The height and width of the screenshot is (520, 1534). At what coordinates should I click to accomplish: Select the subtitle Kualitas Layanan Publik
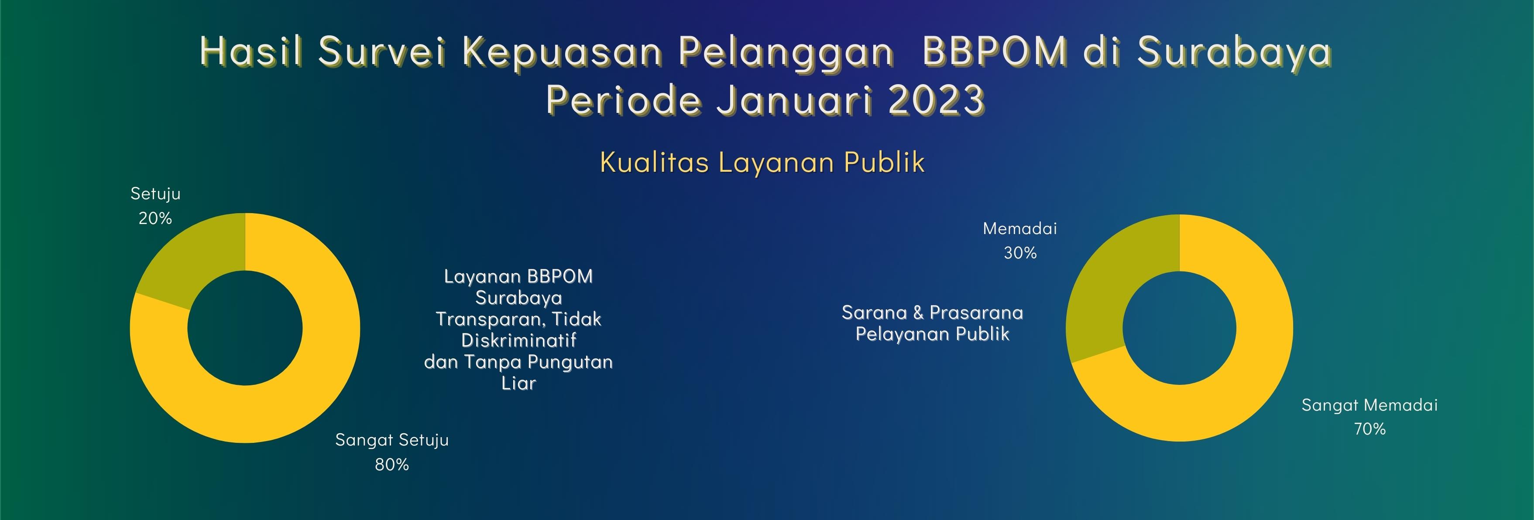click(x=762, y=162)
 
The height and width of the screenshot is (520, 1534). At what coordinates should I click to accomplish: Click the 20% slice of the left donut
click(x=191, y=256)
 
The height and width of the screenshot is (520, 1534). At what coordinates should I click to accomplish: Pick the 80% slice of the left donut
click(x=298, y=387)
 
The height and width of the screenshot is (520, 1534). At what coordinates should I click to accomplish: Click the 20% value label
click(x=155, y=218)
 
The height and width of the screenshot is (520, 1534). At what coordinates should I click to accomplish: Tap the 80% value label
click(x=392, y=465)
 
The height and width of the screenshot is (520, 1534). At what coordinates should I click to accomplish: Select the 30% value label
click(x=1020, y=253)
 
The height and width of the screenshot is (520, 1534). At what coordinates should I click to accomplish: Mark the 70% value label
click(x=1369, y=429)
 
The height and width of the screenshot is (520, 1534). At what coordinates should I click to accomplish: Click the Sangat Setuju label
click(x=392, y=440)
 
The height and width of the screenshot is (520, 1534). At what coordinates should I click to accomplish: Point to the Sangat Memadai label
click(x=1369, y=405)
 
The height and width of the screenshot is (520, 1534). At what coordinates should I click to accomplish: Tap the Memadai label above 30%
click(x=1020, y=228)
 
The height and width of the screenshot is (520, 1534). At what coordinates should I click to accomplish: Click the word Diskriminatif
click(x=518, y=340)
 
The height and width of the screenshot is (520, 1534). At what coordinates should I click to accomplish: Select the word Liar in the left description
click(x=518, y=383)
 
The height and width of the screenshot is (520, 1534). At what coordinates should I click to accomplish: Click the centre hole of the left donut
click(x=245, y=328)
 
